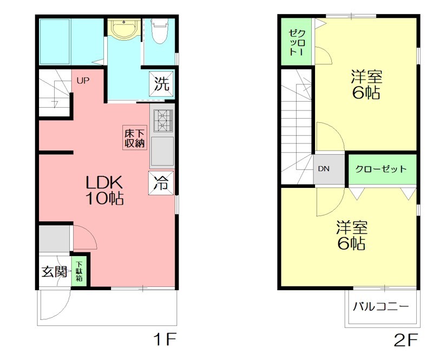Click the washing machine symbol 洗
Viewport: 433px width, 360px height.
point(162,83)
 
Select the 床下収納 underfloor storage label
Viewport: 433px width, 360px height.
point(135,138)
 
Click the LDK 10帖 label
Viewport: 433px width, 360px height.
point(104,189)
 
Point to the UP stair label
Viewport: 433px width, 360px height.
point(82,81)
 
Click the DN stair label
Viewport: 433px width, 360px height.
point(323,168)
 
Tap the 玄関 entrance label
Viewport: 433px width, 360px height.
point(54,271)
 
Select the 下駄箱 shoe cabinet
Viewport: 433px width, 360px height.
point(80,271)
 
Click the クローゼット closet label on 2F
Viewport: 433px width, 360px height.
point(381,169)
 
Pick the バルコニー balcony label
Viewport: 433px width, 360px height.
point(381,306)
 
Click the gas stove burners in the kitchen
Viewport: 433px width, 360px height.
point(162,120)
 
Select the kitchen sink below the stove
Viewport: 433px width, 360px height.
point(162,151)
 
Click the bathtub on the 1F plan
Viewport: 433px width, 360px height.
point(55,42)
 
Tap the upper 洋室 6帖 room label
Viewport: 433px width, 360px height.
point(365,84)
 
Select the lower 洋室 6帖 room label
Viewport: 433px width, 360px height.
point(351,234)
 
